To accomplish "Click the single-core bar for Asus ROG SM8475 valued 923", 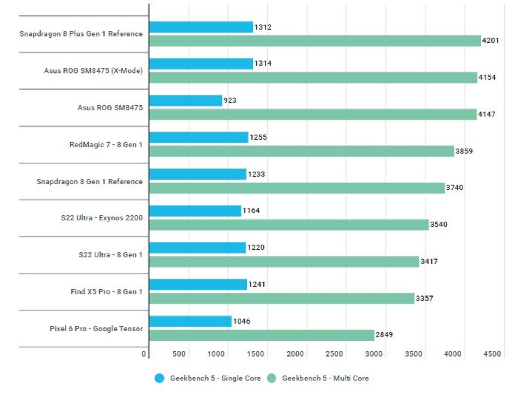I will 186,101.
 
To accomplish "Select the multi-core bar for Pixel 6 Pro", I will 262,335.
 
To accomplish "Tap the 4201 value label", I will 490,40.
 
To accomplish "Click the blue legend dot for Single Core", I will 159,378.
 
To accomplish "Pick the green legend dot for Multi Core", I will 271,378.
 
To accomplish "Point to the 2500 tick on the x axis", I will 334,354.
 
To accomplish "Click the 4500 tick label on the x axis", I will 492,354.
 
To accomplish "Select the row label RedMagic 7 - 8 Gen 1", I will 106,145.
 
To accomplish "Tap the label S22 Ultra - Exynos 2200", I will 102,218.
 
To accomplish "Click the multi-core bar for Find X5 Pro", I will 282,298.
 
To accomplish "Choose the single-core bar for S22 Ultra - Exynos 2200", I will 195,211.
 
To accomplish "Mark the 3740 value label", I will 455,188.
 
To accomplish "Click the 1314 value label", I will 263,63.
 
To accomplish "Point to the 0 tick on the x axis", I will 144,354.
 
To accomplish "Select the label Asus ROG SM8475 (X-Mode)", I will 93,71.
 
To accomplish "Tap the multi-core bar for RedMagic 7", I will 302,151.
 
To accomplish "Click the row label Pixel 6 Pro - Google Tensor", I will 96,329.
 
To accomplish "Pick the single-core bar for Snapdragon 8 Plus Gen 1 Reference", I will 201,27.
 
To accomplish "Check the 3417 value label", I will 429,261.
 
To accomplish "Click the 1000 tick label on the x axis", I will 216,354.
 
